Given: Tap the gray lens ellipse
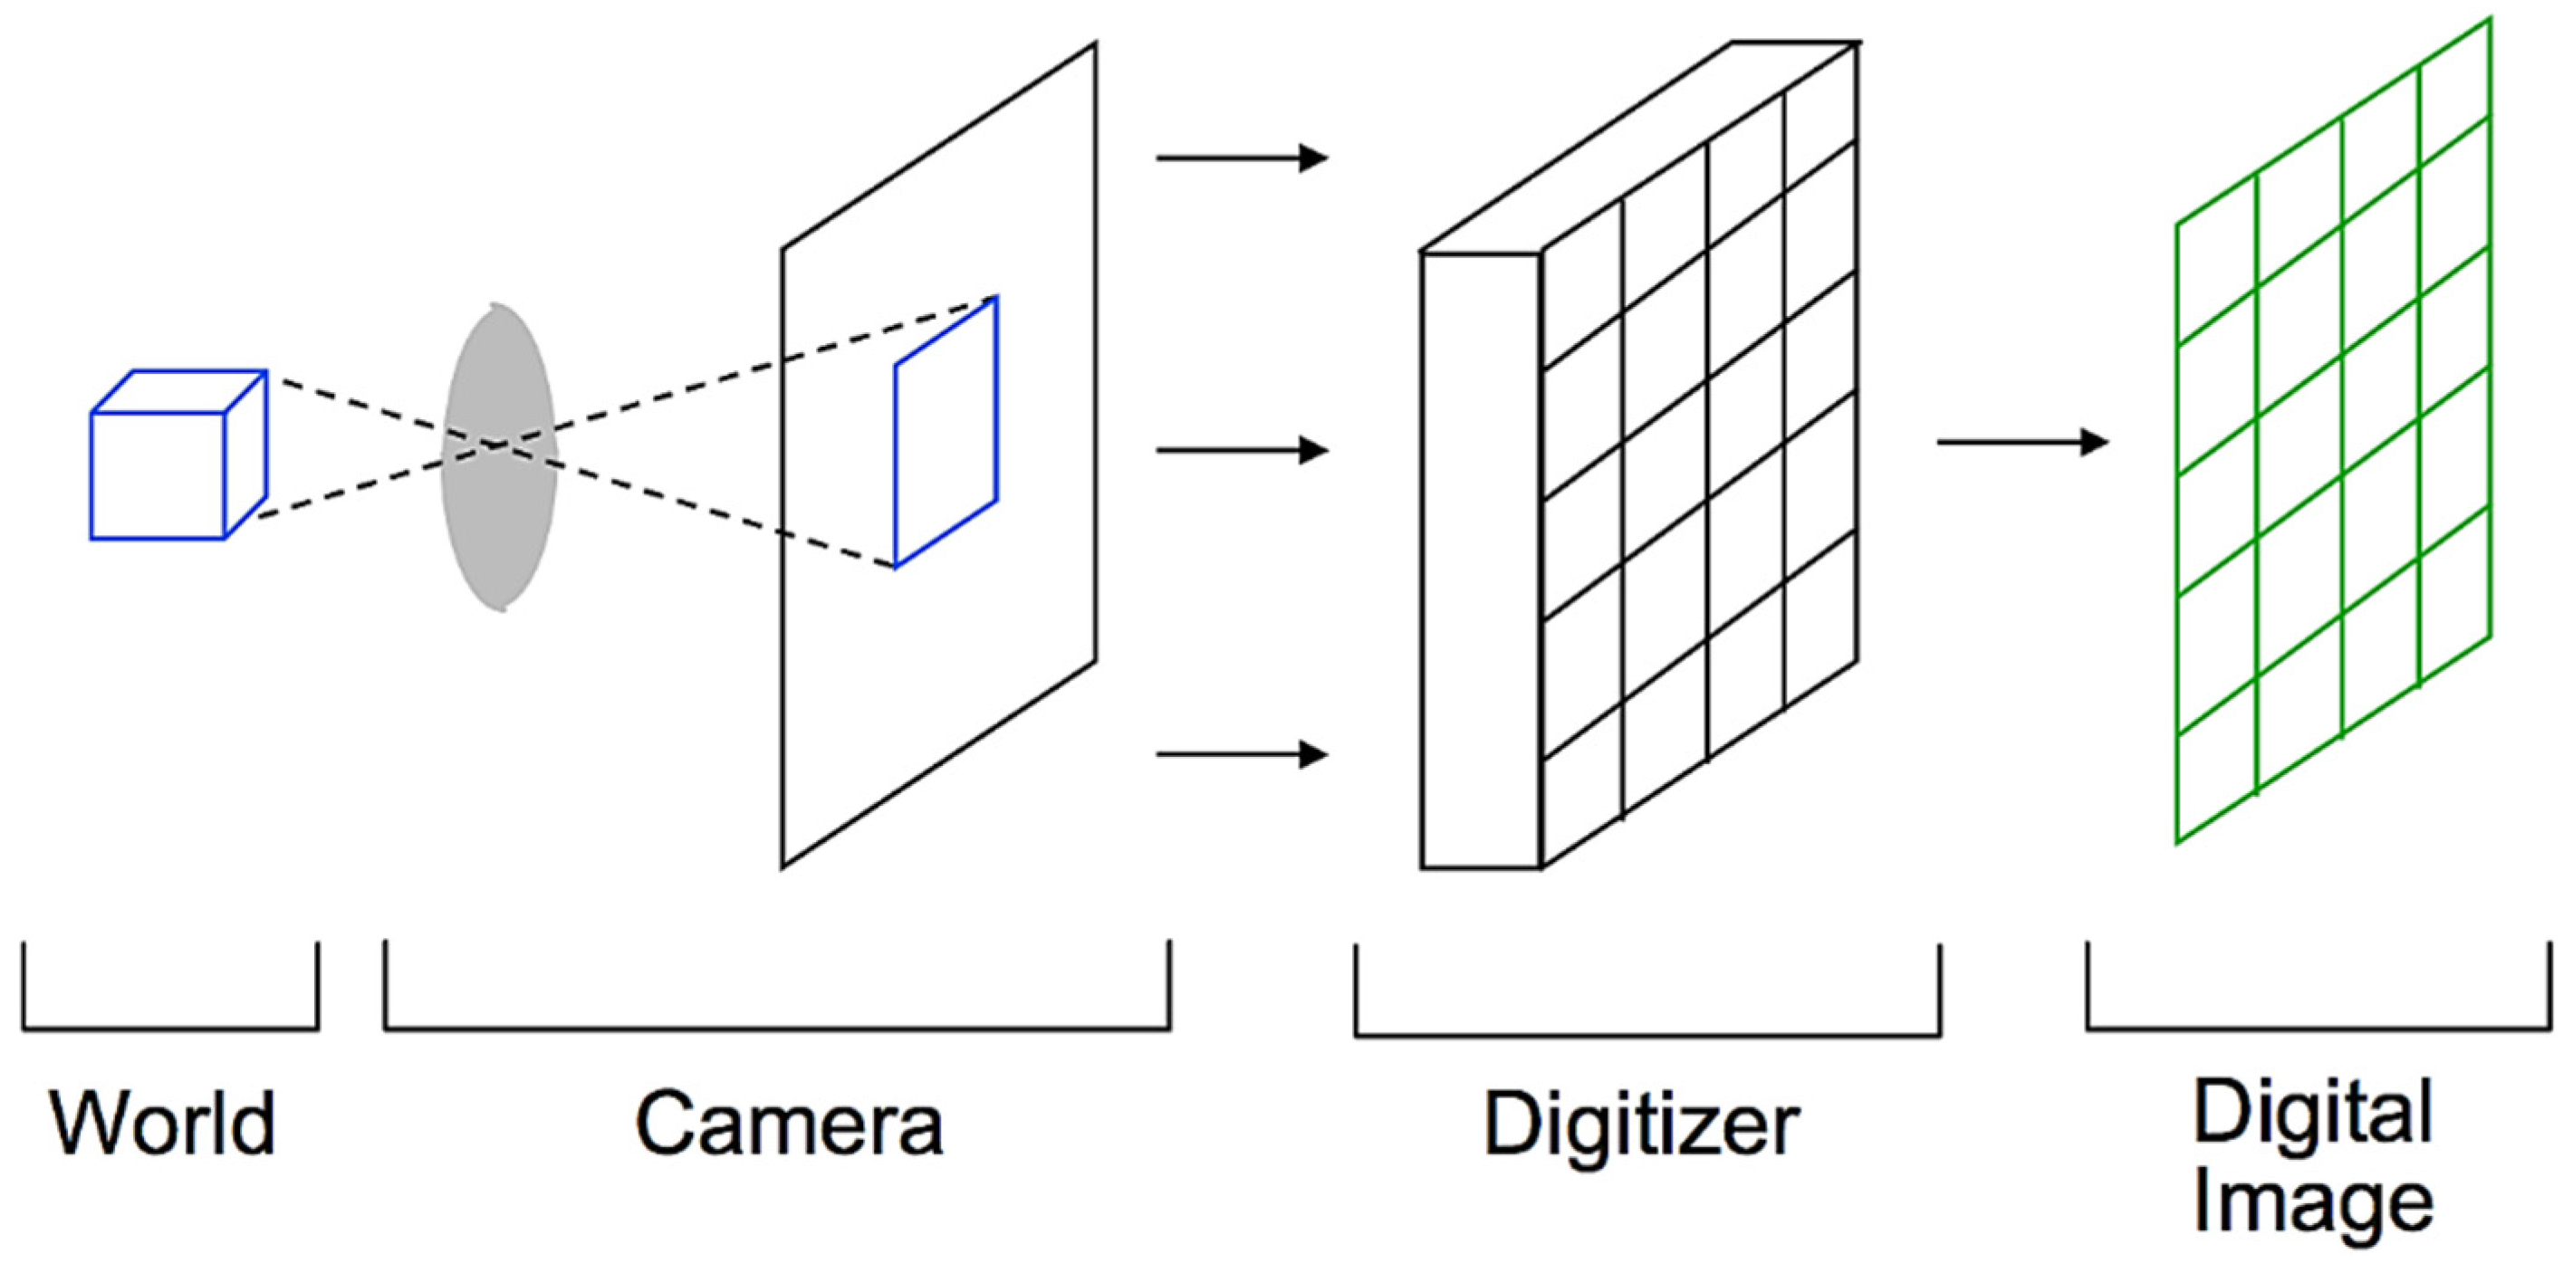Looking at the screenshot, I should pos(499,519).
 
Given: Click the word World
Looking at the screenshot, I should pos(163,1124).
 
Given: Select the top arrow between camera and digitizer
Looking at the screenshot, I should pos(1242,158).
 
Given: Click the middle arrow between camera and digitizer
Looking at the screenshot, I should pos(1242,451).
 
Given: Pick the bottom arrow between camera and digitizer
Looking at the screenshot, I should pos(1242,754).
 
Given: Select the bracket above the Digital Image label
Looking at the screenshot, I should pos(2319,1028).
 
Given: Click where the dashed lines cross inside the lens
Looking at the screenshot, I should pos(494,444).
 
